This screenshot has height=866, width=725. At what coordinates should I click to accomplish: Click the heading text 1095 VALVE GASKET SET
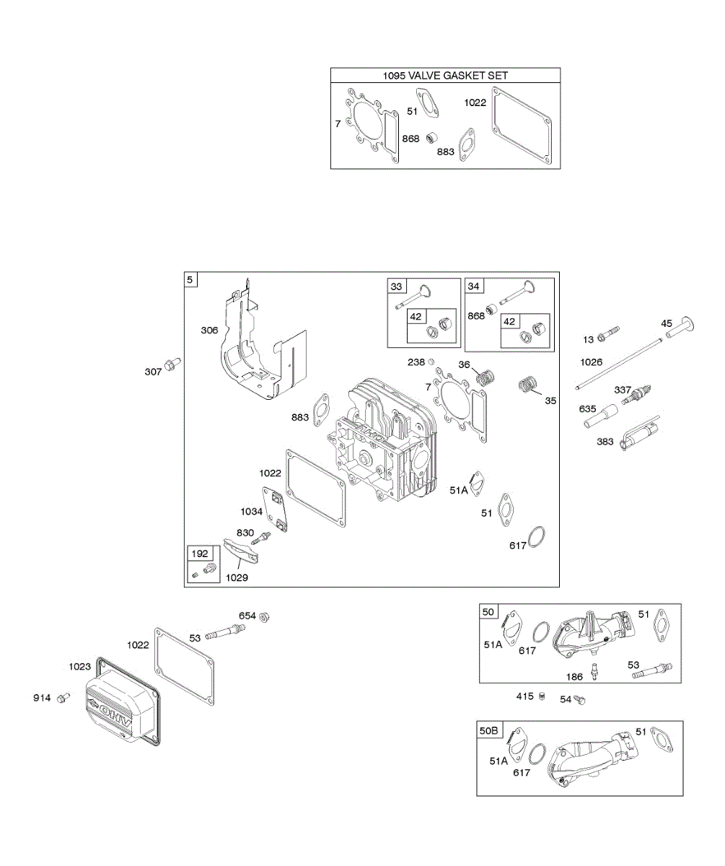point(445,75)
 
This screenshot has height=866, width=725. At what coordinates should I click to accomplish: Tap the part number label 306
point(210,330)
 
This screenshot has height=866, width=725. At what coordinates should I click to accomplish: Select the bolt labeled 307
point(172,365)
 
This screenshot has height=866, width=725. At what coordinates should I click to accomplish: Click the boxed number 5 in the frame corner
point(190,279)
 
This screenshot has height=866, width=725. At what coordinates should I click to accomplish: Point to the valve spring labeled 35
point(529,385)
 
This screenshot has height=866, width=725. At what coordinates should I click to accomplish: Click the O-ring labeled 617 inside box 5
point(536,537)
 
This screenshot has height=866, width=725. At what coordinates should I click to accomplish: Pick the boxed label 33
point(396,287)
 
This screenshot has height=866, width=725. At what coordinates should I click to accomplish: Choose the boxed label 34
point(473,287)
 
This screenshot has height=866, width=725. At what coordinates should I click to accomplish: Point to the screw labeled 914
point(64,699)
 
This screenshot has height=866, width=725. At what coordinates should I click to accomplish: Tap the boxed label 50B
point(489,730)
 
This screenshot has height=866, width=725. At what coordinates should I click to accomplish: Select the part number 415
point(524,696)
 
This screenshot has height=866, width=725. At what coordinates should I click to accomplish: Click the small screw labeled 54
point(579,699)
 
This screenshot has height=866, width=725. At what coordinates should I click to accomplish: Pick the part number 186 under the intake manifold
point(574,677)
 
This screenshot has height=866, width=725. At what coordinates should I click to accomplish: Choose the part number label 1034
point(252,511)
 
